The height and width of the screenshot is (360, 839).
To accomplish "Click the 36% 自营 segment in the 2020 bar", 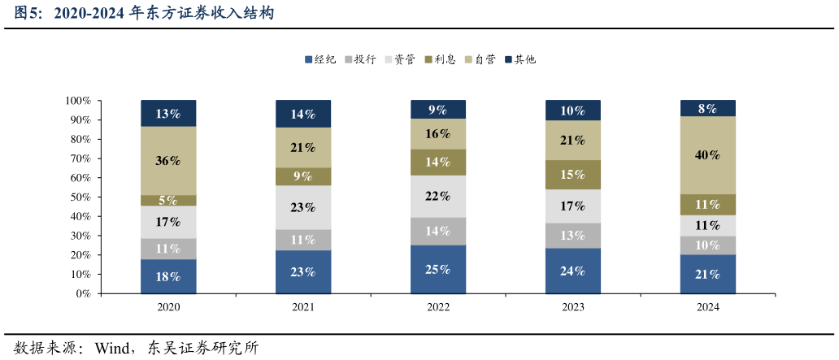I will [x=168, y=160].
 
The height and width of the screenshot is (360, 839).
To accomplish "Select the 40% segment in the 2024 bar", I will [x=707, y=155].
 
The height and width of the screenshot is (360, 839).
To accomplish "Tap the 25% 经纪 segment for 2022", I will [x=438, y=269].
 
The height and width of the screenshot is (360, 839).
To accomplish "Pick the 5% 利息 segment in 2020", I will [x=168, y=200].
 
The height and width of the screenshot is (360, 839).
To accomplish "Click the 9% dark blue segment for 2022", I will [x=438, y=109].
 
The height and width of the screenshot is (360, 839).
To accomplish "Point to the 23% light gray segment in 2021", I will [x=303, y=207].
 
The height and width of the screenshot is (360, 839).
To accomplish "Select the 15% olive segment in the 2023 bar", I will [x=572, y=175].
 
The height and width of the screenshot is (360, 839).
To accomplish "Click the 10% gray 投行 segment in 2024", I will [x=707, y=245].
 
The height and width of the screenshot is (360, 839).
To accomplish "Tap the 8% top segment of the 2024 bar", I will [x=707, y=108].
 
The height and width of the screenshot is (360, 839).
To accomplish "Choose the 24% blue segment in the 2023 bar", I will [x=572, y=271].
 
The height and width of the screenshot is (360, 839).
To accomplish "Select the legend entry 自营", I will [x=480, y=59].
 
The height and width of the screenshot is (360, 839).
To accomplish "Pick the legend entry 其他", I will [x=519, y=59].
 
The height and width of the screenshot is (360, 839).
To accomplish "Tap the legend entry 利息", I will [x=439, y=59].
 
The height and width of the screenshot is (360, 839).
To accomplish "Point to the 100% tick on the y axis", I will [x=78, y=101].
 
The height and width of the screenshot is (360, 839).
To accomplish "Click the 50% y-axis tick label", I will [x=80, y=197].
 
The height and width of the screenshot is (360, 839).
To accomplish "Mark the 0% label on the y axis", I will [x=83, y=293].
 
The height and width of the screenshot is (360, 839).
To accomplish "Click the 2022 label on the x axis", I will [x=438, y=307].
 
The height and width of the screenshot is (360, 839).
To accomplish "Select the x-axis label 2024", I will [x=707, y=307].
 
